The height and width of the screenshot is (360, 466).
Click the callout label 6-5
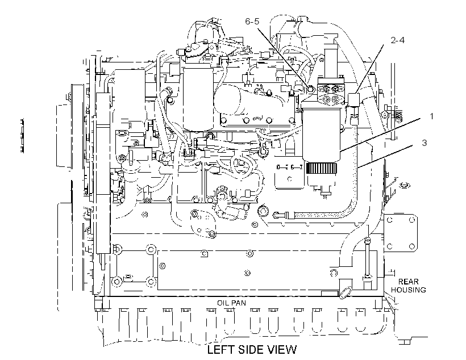tap(252, 22)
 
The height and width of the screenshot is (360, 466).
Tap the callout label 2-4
tap(397, 40)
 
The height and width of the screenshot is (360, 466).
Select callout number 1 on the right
tap(431, 116)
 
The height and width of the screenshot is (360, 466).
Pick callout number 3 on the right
tap(424, 143)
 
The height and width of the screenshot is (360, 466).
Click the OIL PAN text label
tap(231, 303)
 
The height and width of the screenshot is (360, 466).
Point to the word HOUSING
tap(409, 290)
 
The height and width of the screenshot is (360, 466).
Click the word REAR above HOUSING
tap(409, 281)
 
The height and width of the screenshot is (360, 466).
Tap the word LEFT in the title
tap(219, 350)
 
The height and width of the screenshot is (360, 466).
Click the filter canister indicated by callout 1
tap(322, 133)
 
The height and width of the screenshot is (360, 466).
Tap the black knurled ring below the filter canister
tap(322, 169)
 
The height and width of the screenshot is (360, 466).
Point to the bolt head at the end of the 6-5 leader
tap(310, 89)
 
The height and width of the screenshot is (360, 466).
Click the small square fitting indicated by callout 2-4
tap(353, 99)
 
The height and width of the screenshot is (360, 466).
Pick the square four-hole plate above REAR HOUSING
tap(400, 233)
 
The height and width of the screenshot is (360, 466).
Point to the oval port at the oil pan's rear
tap(344, 292)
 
